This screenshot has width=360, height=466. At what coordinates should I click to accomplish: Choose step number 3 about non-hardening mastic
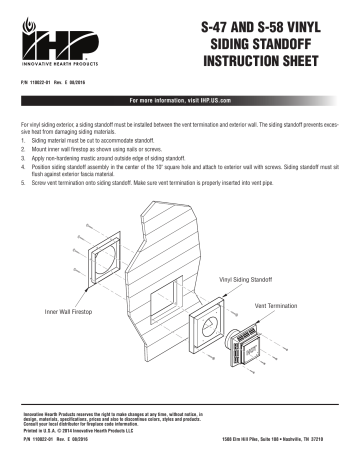click(22, 159)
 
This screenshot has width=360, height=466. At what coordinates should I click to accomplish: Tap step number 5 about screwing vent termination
click(22, 183)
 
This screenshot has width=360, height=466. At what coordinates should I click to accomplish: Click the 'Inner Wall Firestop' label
click(69, 313)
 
